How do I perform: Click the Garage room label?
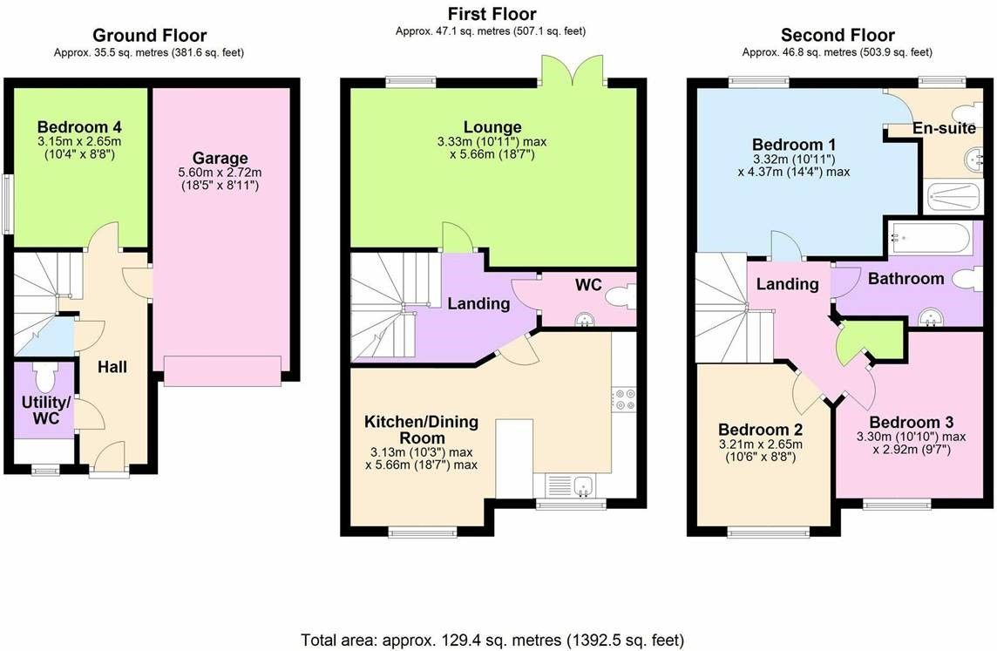[x=220, y=159]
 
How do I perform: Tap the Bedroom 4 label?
[x=79, y=126]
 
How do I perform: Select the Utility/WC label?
[x=46, y=410]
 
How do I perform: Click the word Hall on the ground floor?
[x=112, y=367]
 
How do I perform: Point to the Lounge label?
[x=492, y=127]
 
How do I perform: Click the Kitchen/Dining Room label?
[x=422, y=430]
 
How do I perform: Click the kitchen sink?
[x=570, y=486]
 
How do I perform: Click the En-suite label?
[x=944, y=128]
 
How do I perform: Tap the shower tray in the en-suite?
[x=953, y=196]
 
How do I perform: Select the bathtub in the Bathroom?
[x=930, y=238]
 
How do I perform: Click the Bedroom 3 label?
[x=912, y=422]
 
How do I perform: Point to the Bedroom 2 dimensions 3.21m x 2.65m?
[x=761, y=444]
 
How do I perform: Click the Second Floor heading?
[x=838, y=35]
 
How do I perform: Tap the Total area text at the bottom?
[x=492, y=639]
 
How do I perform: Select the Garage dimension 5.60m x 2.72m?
[x=220, y=173]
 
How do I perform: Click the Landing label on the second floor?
[x=787, y=283]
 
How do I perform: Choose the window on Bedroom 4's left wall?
[x=7, y=205]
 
